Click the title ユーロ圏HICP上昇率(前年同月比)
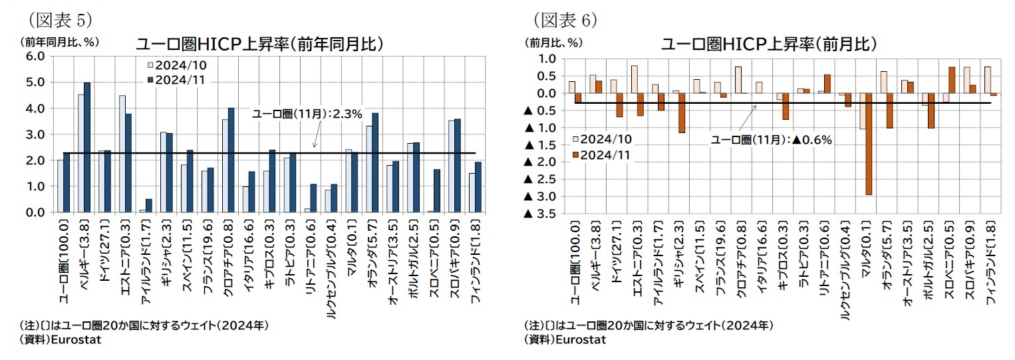[x=259, y=44]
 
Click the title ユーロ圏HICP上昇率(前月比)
[x=768, y=44]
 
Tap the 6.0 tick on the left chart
[x=35, y=57]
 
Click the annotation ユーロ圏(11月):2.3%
[x=307, y=114]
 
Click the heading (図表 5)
[x=59, y=15]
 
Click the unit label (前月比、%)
[x=555, y=42]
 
